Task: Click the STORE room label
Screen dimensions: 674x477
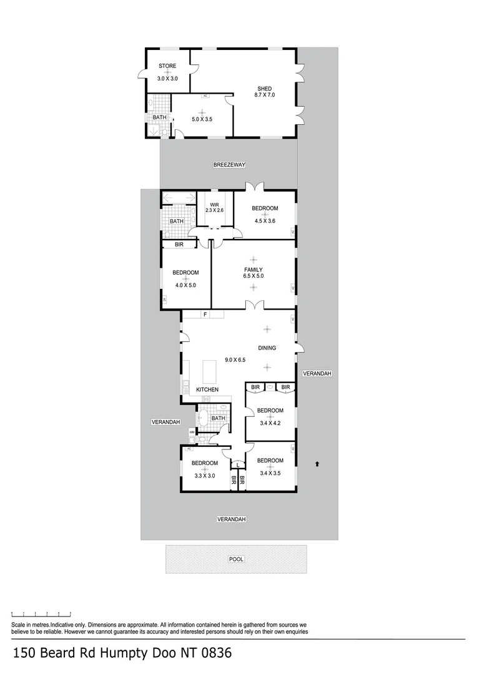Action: pyautogui.click(x=167, y=66)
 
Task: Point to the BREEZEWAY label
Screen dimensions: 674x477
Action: pyautogui.click(x=229, y=165)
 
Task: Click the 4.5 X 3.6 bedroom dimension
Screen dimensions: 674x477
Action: pyautogui.click(x=265, y=220)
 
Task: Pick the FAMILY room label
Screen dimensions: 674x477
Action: pyautogui.click(x=253, y=270)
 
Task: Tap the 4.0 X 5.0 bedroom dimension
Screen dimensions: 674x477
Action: pyautogui.click(x=185, y=285)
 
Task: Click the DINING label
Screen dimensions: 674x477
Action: pyautogui.click(x=267, y=348)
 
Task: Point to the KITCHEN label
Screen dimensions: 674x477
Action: pyautogui.click(x=207, y=390)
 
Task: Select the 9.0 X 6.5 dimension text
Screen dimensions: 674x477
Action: pyautogui.click(x=235, y=359)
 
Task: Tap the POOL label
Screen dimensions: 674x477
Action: pyautogui.click(x=236, y=559)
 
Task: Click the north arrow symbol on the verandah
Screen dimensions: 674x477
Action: pyautogui.click(x=318, y=464)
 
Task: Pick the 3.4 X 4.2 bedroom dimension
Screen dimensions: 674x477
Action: pyautogui.click(x=270, y=422)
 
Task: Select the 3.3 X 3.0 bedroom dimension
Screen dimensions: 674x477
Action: pyautogui.click(x=204, y=475)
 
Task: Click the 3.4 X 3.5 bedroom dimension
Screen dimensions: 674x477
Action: pyautogui.click(x=270, y=472)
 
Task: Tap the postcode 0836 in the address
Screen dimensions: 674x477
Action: pyautogui.click(x=214, y=654)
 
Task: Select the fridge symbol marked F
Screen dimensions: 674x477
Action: pyautogui.click(x=205, y=315)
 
